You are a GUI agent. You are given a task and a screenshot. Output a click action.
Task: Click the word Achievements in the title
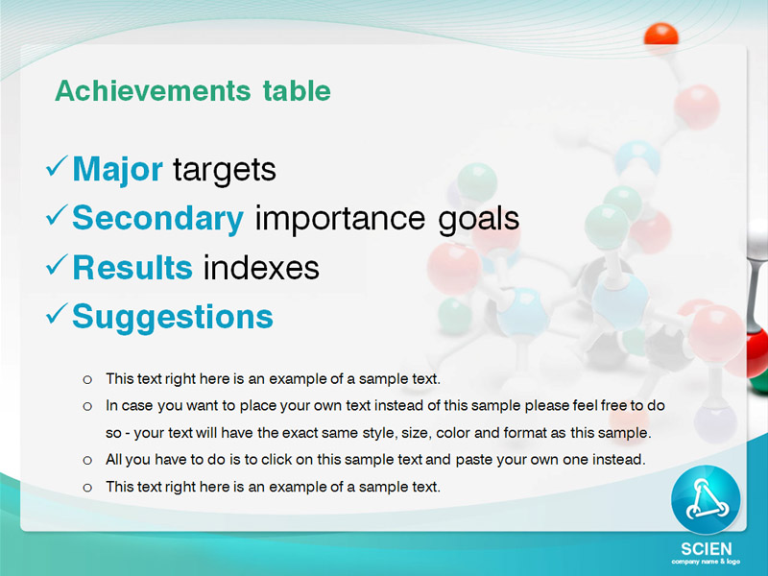[x=153, y=90]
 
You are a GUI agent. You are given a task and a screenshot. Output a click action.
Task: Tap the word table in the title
[x=297, y=90]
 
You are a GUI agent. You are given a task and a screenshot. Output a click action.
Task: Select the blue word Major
[x=117, y=170]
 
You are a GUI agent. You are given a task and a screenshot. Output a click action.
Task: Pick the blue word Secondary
[x=157, y=219]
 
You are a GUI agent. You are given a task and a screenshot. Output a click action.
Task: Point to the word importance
[x=340, y=219]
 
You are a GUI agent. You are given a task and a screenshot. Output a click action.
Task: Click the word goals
[x=478, y=220]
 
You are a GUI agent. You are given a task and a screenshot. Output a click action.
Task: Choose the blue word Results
[x=132, y=268]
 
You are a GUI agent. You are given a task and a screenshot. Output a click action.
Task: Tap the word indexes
[x=261, y=268]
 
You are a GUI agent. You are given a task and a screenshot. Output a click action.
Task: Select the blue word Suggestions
[x=173, y=318]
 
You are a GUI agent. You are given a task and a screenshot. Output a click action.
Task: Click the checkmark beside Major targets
[x=57, y=166]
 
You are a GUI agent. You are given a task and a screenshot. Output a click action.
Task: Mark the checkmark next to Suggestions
[x=57, y=314]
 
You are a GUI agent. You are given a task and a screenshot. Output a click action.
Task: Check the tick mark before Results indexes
[x=57, y=265]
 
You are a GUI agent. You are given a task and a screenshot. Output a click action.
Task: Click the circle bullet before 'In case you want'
[x=87, y=406]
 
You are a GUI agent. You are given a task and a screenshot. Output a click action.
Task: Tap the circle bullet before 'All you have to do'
[x=87, y=461]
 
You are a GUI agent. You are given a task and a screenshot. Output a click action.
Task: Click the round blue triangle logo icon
[x=706, y=499]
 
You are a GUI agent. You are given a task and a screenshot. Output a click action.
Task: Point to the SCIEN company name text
[x=707, y=548]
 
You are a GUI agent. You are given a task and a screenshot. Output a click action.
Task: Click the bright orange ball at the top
[x=661, y=35]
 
